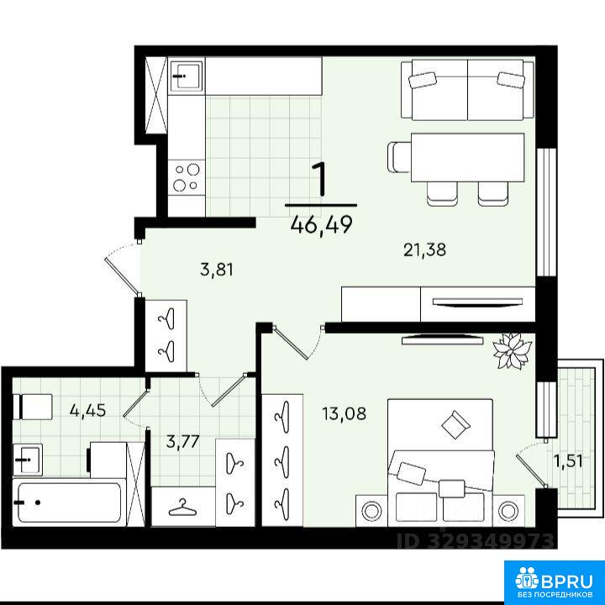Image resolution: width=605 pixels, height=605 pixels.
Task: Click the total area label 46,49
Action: click(322, 224)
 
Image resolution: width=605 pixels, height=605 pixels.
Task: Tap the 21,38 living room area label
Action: click(425, 250)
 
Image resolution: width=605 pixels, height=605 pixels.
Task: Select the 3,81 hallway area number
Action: click(217, 270)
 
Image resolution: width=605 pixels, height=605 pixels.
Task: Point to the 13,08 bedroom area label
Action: click(345, 413)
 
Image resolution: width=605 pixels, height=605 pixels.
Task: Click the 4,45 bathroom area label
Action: click(87, 411)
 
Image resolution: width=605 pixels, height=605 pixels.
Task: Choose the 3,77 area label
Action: click(182, 441)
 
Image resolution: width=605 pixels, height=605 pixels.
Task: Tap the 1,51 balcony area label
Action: click(568, 460)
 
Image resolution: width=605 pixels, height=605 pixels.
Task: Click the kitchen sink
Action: click(187, 76)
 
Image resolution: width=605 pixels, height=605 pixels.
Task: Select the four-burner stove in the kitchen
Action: click(187, 178)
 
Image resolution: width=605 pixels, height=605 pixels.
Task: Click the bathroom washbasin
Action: click(28, 460)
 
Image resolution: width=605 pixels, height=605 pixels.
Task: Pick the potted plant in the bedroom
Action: click(512, 350)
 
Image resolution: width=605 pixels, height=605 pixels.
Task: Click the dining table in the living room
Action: click(468, 157)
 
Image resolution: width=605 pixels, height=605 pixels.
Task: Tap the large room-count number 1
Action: click(320, 180)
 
